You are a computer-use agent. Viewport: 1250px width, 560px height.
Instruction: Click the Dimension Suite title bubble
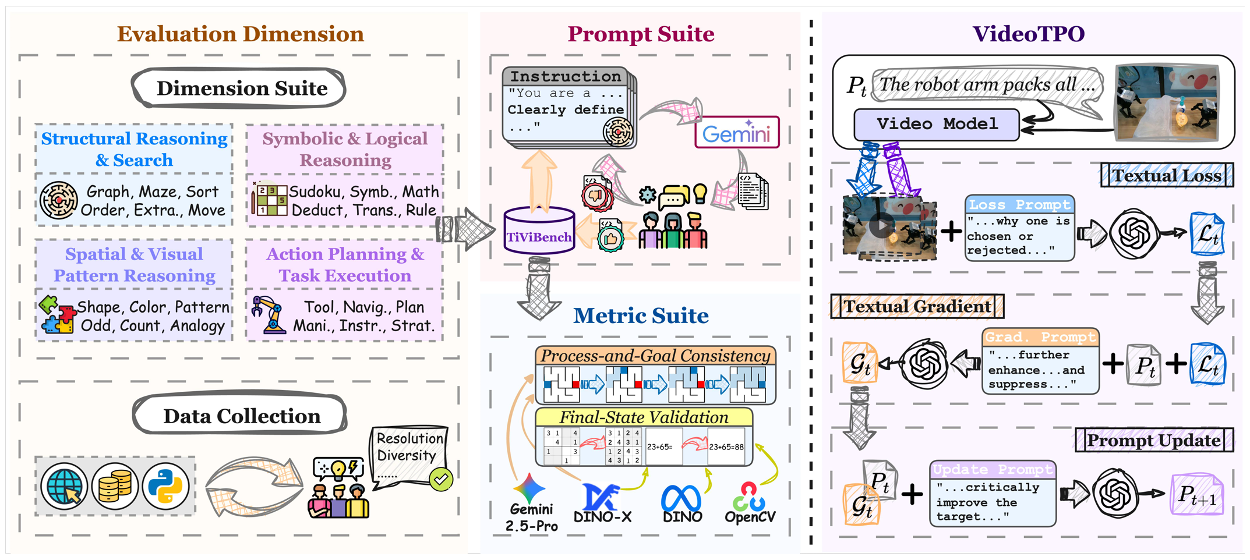(x=241, y=88)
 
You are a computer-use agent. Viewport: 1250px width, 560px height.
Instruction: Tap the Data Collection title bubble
(x=241, y=416)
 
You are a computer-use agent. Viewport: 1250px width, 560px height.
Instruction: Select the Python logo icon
(x=165, y=486)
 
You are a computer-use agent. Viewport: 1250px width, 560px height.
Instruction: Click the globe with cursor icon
(x=64, y=486)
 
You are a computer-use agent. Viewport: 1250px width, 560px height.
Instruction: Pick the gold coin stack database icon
(x=115, y=486)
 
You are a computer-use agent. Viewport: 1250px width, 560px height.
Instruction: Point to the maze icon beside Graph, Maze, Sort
(x=58, y=200)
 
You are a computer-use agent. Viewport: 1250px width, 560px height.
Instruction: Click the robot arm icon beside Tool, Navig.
(x=269, y=314)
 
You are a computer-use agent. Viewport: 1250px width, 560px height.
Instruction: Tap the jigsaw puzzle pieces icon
(x=57, y=315)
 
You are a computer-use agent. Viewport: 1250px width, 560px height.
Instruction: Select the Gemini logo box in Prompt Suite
(x=736, y=133)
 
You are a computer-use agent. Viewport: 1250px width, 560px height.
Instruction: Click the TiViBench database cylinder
(x=538, y=232)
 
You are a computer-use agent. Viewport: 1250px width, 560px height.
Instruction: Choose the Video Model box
(x=936, y=124)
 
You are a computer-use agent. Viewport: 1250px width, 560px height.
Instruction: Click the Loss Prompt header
(x=1019, y=204)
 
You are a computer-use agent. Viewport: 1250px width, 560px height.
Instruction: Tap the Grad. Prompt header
(x=1040, y=337)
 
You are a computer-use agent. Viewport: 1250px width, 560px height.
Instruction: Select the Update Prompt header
(x=993, y=469)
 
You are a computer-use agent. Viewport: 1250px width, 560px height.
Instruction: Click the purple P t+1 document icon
(x=1196, y=495)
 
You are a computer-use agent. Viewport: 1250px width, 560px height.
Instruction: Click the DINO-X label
(x=602, y=516)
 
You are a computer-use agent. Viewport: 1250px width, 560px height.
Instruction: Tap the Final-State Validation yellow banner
(x=644, y=417)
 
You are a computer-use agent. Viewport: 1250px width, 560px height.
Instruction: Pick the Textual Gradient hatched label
(x=917, y=306)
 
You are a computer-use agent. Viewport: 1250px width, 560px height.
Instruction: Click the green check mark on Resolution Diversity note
(x=441, y=479)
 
